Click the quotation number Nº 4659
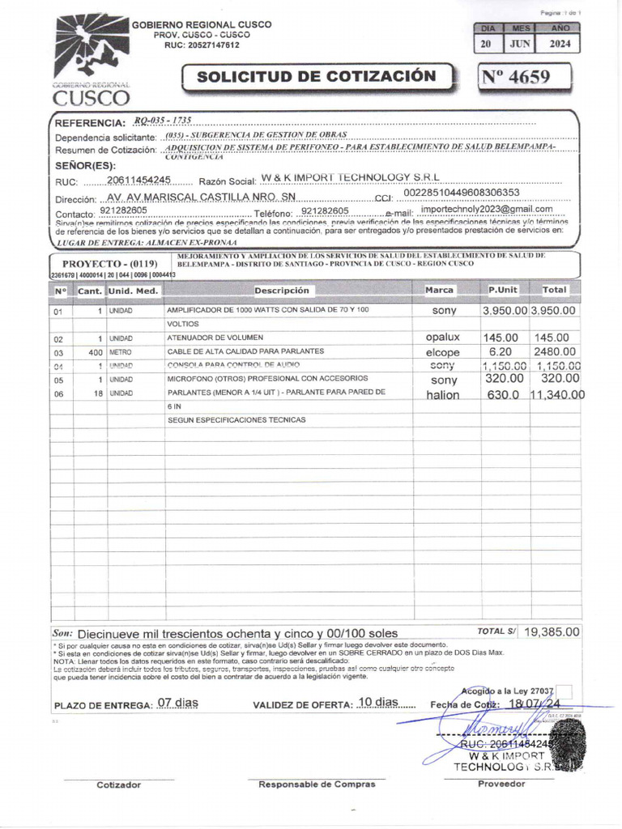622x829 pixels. pos(516,77)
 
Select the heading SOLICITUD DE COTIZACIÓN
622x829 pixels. pos(316,77)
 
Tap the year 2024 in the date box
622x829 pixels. pos(560,45)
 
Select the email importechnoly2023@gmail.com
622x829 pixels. pos(487,209)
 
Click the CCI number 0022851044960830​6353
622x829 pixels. pos(461,193)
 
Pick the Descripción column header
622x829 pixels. pos(282,290)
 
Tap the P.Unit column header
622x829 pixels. pos(503,289)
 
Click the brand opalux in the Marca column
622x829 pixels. pos(442,337)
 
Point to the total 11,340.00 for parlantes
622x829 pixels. pos(557,395)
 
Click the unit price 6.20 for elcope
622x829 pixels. pos(501,352)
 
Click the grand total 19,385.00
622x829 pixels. pos(552,631)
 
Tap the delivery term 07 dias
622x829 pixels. pos(177,703)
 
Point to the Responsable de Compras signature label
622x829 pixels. pos(316,784)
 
